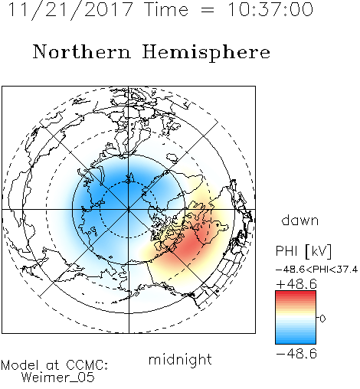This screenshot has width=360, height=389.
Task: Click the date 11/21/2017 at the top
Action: coord(70,10)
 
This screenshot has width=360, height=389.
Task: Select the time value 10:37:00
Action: coord(270,10)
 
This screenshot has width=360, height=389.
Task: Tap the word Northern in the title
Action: coord(82,51)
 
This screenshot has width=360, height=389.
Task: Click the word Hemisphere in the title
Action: coord(206,53)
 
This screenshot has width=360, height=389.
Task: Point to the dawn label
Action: coord(300,220)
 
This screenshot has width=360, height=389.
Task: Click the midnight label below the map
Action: coord(180,359)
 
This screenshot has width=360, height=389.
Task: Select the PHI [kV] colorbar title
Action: coord(303,251)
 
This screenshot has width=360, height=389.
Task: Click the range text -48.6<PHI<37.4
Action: coord(316,270)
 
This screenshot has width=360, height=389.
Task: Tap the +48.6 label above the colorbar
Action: coord(296,284)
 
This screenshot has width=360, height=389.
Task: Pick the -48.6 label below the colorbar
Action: coord(296,354)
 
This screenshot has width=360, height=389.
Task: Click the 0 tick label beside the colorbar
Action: coord(323,319)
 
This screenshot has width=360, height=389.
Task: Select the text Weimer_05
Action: coord(58,377)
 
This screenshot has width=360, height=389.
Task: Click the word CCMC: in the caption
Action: coord(87,365)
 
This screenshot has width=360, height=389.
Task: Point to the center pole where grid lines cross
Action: coord(129,209)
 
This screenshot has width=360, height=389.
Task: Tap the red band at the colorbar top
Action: coord(296,293)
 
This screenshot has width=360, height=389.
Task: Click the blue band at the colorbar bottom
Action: coord(296,340)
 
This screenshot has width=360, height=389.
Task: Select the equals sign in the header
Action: coord(207,10)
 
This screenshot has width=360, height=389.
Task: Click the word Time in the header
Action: coord(166,10)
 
